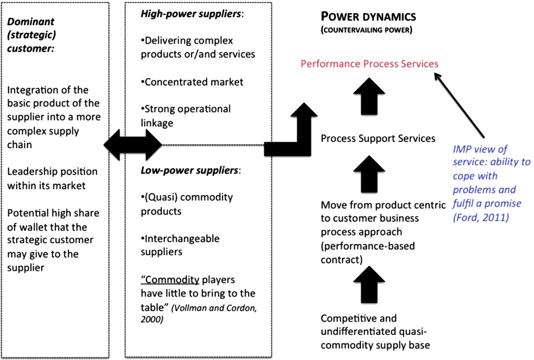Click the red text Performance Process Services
369,64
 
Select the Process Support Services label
378,138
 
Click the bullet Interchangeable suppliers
180,245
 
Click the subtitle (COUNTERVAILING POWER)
367,30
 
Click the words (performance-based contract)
368,252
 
